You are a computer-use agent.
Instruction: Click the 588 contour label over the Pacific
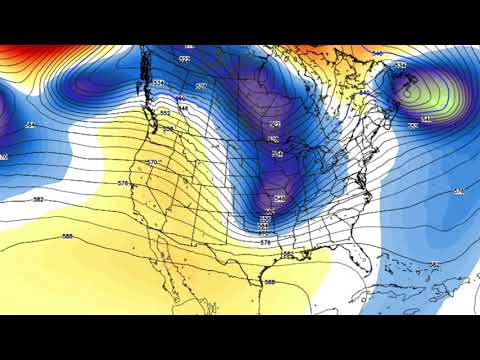(x=68, y=236)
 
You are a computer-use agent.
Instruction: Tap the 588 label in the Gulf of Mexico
(x=269, y=282)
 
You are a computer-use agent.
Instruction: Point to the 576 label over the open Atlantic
(x=459, y=191)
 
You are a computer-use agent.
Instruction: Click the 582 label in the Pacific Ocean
(x=38, y=200)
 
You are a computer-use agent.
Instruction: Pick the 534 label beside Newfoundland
(x=400, y=66)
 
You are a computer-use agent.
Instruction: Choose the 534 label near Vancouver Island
(x=159, y=83)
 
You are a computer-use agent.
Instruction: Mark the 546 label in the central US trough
(x=279, y=199)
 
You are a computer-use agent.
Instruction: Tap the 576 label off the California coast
(x=123, y=183)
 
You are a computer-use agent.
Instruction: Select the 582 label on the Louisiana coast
(x=288, y=254)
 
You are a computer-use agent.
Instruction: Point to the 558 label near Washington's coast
(x=165, y=114)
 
